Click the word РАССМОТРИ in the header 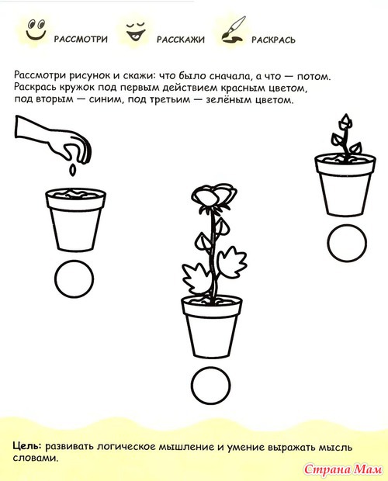pos(81,40)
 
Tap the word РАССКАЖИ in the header pos(181,40)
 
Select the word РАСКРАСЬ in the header pos(274,40)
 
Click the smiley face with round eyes pos(36,29)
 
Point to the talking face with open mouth pos(136,31)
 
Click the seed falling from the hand pos(72,170)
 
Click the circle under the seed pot pos(74,279)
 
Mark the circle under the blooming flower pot pos(211,386)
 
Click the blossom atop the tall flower pos(214,196)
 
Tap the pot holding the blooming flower pos(212,327)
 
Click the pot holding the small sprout pos(345,185)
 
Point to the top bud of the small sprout pos(345,120)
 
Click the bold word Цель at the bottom pos(27,446)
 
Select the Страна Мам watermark pos(343,469)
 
